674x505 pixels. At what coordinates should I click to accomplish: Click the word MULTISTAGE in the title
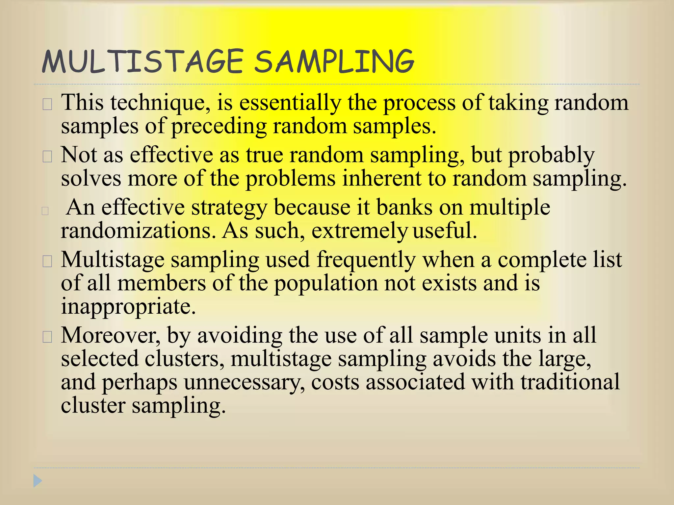tap(143, 61)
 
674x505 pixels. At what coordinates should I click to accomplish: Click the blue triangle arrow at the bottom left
tap(38, 481)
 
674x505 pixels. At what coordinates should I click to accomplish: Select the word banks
tap(404, 207)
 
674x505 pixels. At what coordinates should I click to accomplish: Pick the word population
tap(326, 284)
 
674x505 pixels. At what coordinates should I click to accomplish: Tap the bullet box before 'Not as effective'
tap(47, 157)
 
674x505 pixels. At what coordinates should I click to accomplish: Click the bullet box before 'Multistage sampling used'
tap(47, 262)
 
